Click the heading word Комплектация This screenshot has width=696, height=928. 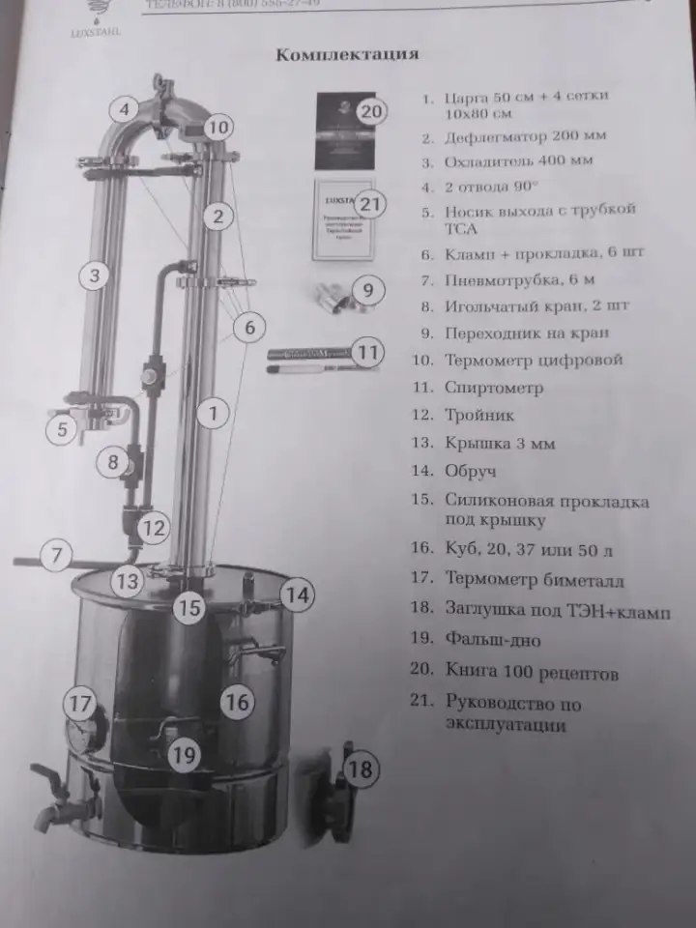[347, 54]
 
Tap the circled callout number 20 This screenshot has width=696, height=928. [371, 111]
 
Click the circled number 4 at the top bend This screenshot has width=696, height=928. [124, 110]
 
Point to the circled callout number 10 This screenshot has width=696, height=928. [218, 127]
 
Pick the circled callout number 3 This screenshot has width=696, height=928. [94, 277]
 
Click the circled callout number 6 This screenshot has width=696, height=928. [249, 328]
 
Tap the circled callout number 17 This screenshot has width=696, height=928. [81, 703]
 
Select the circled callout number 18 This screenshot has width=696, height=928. [360, 769]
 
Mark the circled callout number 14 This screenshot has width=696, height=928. [298, 595]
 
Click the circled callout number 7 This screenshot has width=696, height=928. [57, 556]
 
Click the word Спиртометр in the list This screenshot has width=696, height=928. [493, 388]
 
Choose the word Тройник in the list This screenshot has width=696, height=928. [479, 416]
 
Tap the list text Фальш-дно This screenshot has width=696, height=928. [493, 640]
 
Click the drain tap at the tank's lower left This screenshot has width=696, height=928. [56, 798]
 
